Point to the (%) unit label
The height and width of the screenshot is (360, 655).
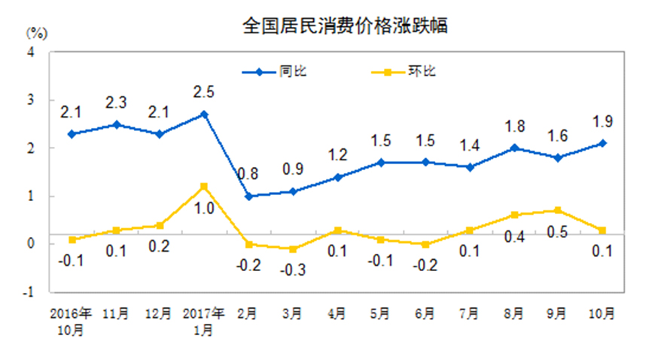point(38,32)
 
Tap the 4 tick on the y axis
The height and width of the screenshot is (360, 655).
point(32,52)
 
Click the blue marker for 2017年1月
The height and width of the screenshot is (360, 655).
point(204,114)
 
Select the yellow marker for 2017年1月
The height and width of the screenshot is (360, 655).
point(204,186)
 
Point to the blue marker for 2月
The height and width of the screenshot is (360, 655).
point(248,196)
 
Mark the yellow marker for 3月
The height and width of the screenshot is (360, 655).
point(292,249)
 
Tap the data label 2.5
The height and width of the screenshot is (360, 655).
point(204,93)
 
